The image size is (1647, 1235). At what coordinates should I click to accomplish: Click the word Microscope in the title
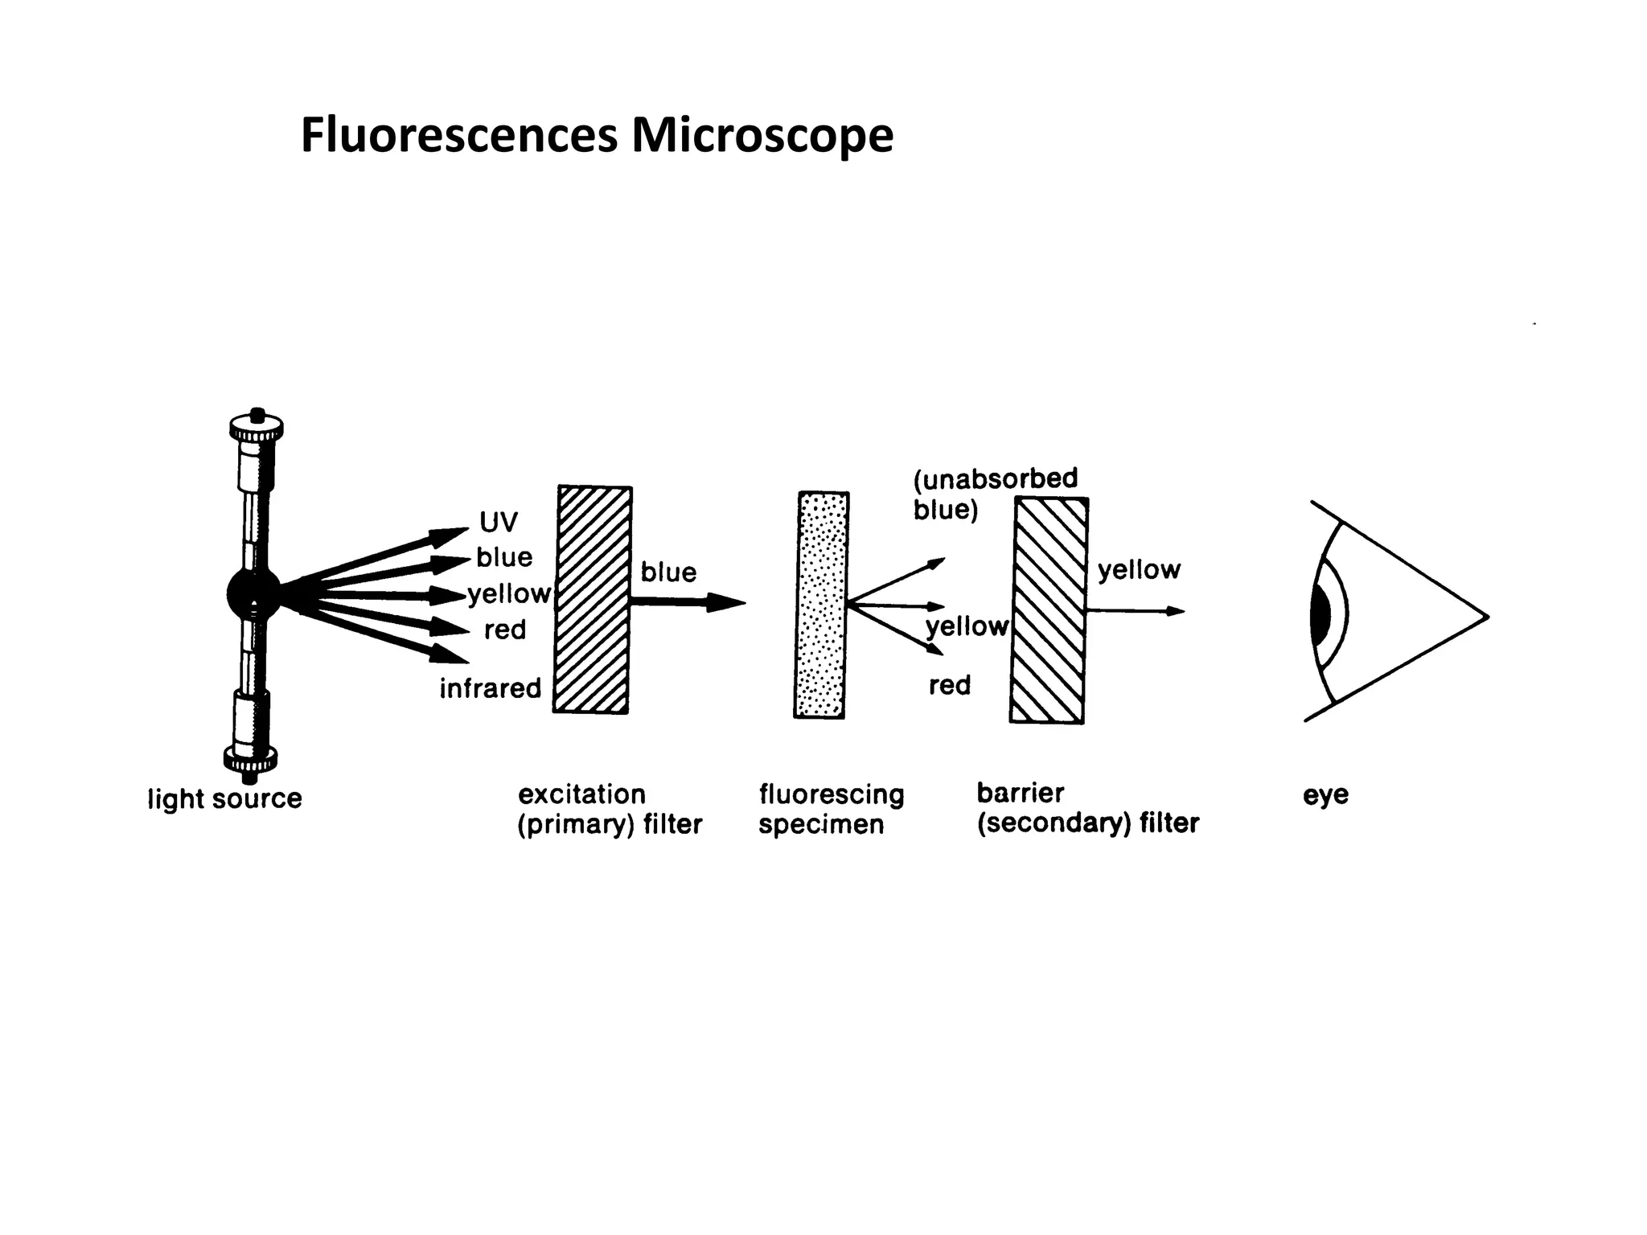762,135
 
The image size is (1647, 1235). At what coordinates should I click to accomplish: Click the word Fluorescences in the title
458,135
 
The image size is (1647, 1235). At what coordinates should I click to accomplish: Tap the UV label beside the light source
499,523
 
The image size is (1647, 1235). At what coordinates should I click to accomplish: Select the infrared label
490,688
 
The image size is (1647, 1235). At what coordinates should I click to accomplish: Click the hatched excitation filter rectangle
593,600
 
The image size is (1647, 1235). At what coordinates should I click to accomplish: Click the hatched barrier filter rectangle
1049,610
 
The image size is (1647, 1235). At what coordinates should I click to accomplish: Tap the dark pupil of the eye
1320,614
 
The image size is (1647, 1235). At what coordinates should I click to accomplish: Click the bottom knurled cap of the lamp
250,757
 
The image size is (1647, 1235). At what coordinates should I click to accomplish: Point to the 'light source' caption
224,799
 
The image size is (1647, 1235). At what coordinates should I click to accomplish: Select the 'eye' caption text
1325,795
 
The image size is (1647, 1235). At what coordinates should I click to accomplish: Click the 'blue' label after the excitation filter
667,572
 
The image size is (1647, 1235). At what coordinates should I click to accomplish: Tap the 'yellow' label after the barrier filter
1139,570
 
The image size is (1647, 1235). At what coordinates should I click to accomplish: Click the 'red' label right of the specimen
950,685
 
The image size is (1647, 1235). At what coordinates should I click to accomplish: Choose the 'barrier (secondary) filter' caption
1087,808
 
